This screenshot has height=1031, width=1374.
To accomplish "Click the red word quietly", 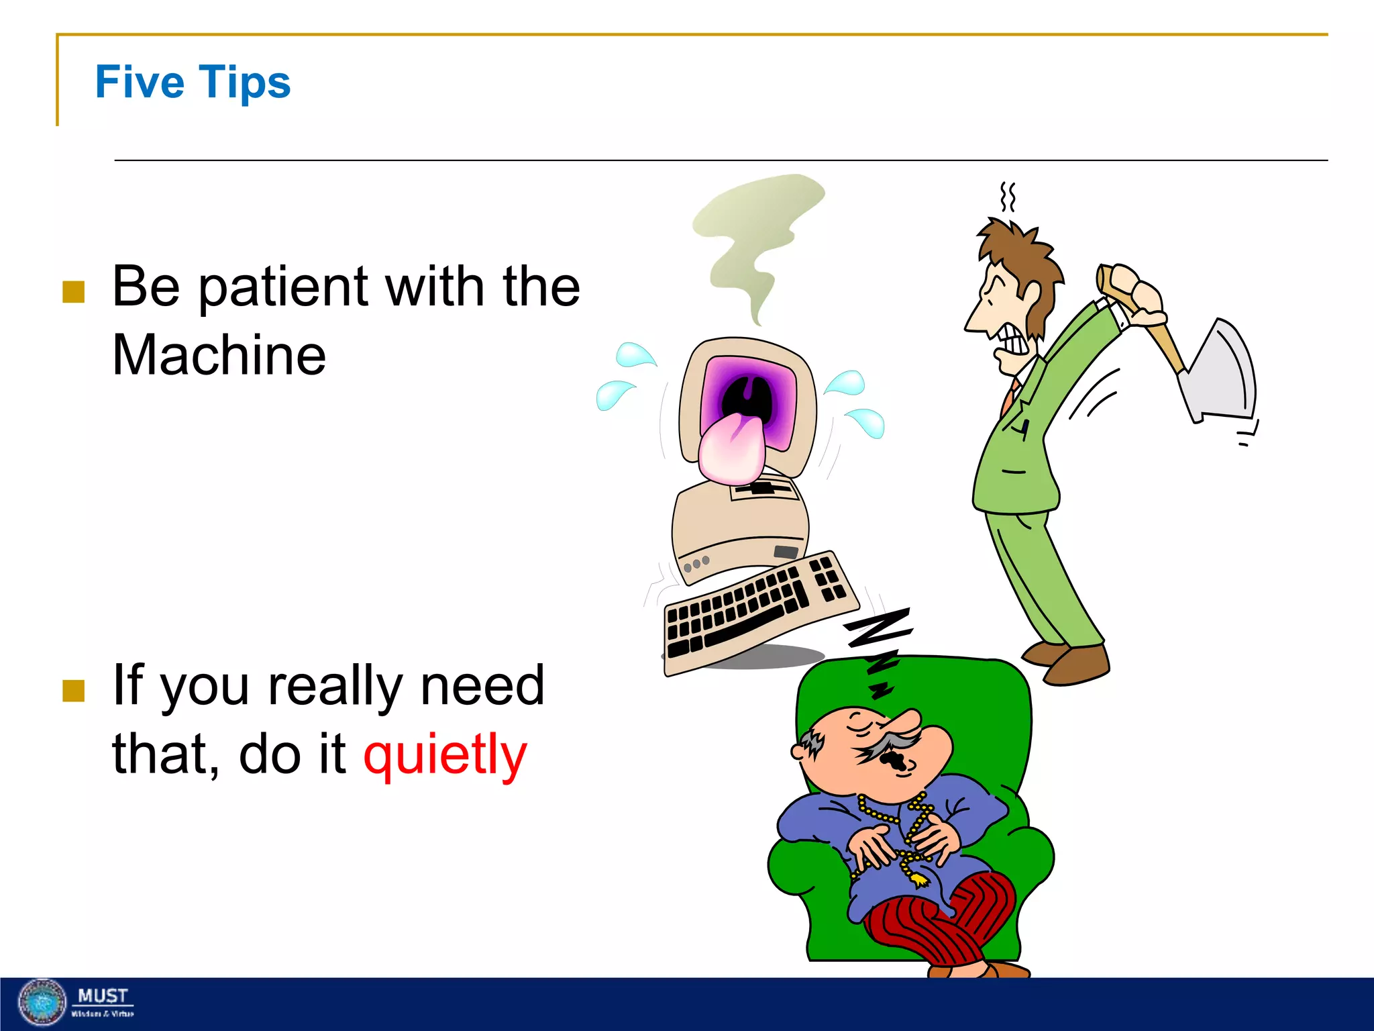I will pos(445,754).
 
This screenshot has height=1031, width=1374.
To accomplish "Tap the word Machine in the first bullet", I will pos(219,355).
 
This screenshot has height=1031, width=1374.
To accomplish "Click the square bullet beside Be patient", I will pos(73,292).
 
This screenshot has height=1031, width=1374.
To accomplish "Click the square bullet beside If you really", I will pos(73,690).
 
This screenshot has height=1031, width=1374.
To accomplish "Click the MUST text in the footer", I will pos(102,995).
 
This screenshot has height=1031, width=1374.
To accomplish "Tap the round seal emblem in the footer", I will pos(42,1003).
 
